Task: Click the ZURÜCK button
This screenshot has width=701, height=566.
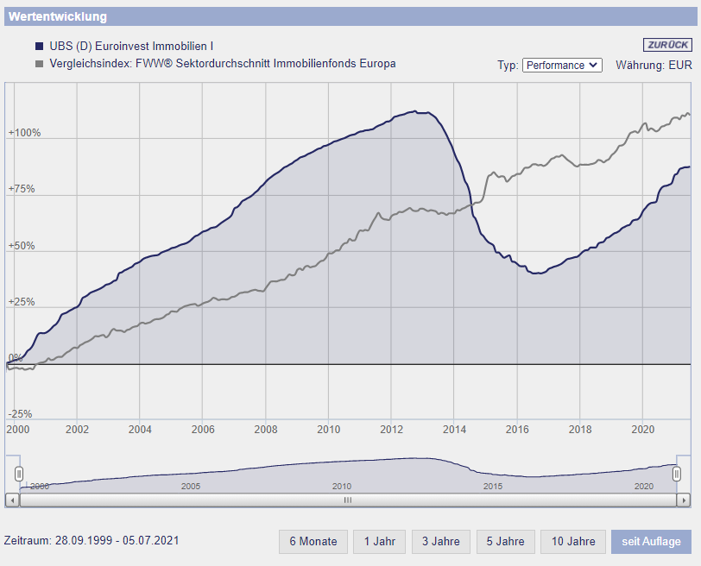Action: tap(666, 45)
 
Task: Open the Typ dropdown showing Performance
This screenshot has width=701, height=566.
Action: tap(562, 65)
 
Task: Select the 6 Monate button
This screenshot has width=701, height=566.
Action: tap(313, 542)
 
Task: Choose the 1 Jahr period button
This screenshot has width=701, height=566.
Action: tap(379, 542)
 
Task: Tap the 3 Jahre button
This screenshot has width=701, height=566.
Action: tap(441, 542)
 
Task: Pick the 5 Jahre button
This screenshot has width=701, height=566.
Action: tap(506, 542)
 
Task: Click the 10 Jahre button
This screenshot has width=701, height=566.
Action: tap(573, 542)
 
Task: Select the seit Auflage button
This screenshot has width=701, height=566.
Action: tap(651, 542)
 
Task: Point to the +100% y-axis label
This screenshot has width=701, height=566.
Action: tap(24, 134)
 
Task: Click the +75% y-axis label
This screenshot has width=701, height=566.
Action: tap(22, 190)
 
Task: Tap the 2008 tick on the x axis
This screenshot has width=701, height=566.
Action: tap(266, 429)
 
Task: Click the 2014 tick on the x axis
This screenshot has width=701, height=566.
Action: tap(454, 429)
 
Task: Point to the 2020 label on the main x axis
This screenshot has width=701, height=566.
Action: tap(642, 429)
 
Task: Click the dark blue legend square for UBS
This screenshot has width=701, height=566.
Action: tap(39, 46)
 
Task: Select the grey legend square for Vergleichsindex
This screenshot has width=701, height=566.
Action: tap(39, 64)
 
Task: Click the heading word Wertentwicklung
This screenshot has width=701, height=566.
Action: tap(58, 16)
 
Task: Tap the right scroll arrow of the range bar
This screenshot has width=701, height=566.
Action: tap(683, 500)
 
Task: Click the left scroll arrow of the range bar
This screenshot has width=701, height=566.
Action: tap(11, 500)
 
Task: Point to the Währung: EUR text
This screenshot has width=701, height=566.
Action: tap(654, 65)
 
